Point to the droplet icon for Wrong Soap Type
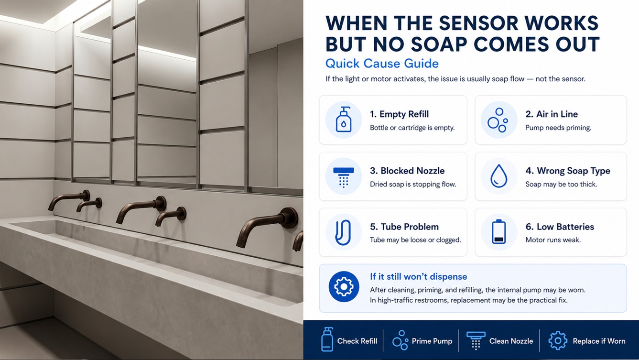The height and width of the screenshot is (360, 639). [x=498, y=176]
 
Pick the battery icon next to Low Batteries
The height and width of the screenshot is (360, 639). [x=498, y=231]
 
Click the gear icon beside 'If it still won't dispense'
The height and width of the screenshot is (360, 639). [x=344, y=286]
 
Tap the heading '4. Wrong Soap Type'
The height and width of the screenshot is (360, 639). [x=568, y=171]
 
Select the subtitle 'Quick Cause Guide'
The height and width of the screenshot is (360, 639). [x=382, y=63]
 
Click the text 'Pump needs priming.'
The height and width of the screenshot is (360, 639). [x=558, y=128]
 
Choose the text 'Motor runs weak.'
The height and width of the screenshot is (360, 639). [x=553, y=240]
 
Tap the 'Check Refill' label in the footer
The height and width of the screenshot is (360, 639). [x=357, y=341]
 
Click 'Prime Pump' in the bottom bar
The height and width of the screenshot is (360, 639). [x=432, y=341]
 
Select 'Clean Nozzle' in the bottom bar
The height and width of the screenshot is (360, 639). [x=511, y=341]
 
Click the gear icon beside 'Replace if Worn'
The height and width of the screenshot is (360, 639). [x=558, y=340]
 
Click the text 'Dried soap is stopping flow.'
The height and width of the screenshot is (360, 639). [x=413, y=184]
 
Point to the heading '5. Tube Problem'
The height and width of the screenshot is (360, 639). [x=404, y=227]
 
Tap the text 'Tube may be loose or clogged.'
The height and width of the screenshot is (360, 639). [x=415, y=240]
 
